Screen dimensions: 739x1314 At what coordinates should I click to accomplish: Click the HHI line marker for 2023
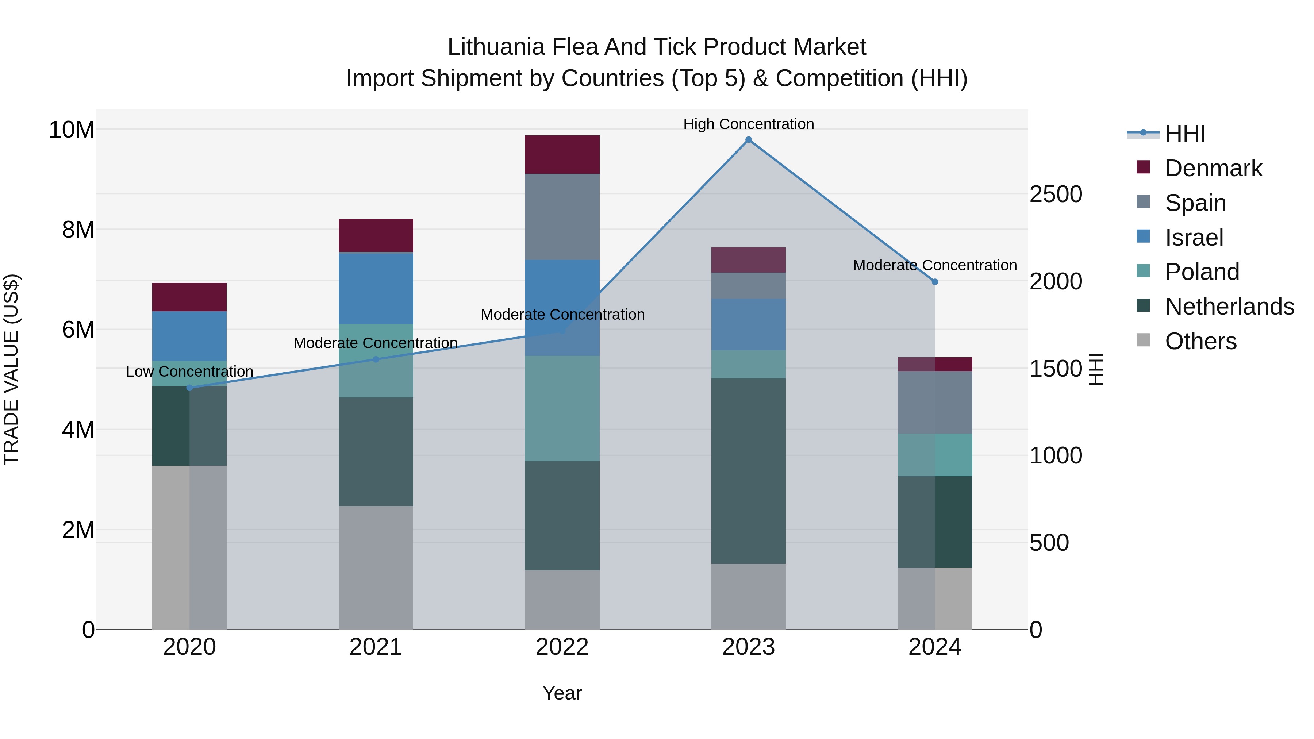coord(748,140)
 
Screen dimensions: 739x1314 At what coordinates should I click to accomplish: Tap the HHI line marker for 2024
coord(934,281)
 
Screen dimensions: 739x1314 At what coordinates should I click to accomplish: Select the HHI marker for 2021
coord(376,359)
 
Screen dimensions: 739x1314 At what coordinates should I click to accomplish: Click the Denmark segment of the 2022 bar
coord(562,154)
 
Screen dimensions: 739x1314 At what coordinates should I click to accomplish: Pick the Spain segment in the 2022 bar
coord(562,217)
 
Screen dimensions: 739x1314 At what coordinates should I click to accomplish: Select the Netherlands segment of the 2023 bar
coord(748,470)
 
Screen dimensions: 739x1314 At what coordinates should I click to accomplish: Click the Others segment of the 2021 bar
coord(376,567)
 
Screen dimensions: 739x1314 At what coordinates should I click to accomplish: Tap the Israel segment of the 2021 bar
coord(376,288)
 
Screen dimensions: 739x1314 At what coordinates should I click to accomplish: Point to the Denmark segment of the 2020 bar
coord(189,297)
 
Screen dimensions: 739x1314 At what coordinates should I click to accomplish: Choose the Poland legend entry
coord(1202,272)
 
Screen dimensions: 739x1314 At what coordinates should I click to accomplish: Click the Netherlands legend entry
coord(1229,307)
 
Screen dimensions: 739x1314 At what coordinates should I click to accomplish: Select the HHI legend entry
coord(1185,134)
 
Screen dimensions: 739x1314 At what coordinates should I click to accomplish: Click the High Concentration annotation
coord(748,124)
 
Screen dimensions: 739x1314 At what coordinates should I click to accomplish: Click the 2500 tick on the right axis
coord(1055,194)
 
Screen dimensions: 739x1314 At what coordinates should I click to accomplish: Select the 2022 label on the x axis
coord(562,647)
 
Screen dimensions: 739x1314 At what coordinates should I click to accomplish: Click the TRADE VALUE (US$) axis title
coord(11,369)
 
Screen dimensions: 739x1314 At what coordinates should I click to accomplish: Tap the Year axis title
coord(562,693)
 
